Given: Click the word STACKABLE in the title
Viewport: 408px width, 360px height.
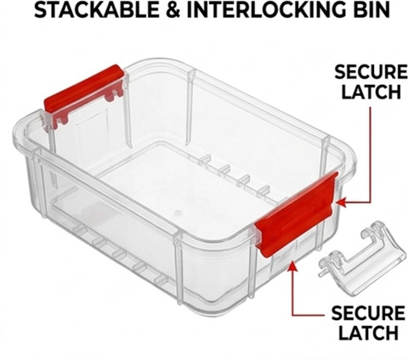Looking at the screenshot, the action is [x=96, y=10].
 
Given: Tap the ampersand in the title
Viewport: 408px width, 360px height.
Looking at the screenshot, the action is [x=173, y=10].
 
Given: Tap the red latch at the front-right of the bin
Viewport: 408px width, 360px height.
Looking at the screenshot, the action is [x=296, y=215].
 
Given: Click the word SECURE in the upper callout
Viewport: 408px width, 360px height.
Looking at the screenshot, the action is [x=371, y=72].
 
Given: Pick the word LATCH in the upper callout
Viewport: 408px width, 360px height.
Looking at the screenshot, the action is [x=371, y=91].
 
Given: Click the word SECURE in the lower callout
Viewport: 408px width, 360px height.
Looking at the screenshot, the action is [x=368, y=313].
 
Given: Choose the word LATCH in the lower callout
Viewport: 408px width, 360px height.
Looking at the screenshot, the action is [x=368, y=333].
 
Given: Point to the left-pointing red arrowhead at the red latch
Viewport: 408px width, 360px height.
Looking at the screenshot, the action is [x=342, y=202].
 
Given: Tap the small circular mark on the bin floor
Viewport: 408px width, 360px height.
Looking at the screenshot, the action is [x=178, y=212].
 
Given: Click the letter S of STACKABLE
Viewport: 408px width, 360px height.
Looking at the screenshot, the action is [x=41, y=10].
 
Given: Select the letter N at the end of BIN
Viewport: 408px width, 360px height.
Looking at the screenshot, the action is [x=382, y=10].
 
